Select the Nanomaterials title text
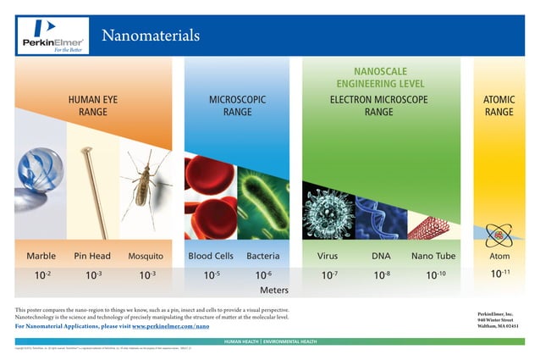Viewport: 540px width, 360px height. [150, 36]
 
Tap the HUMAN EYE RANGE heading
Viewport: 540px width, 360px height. [93, 105]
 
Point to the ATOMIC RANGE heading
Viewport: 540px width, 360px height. [499, 105]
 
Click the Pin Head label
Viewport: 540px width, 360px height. [93, 255]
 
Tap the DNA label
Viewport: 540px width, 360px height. [381, 255]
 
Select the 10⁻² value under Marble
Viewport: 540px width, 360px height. [41, 274]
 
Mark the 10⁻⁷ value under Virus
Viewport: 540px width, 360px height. [328, 274]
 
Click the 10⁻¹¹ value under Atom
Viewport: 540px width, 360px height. [501, 274]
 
